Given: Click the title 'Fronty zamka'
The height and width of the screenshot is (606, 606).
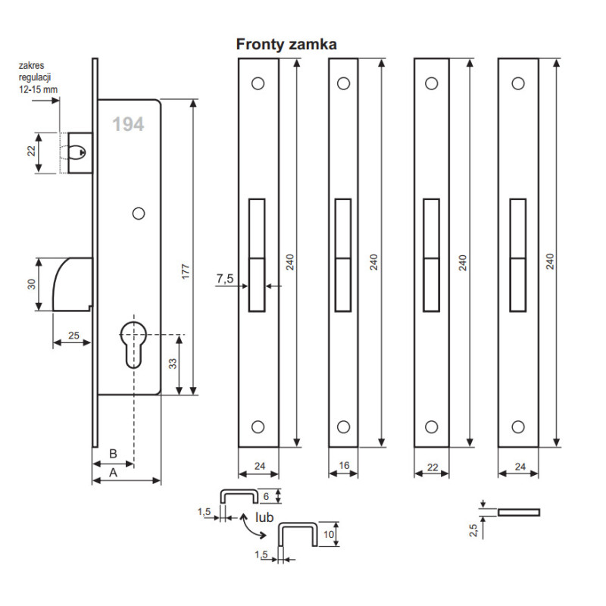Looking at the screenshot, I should pyautogui.click(x=286, y=45).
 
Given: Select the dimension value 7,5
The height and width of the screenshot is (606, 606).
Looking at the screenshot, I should pyautogui.click(x=224, y=279).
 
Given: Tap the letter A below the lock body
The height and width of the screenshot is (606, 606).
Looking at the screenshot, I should pyautogui.click(x=114, y=472).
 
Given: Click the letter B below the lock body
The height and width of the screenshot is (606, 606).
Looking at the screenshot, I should pyautogui.click(x=113, y=453).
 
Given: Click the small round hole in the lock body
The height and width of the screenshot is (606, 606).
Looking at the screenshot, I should pyautogui.click(x=138, y=214).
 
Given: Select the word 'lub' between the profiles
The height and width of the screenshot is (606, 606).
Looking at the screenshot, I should pyautogui.click(x=264, y=517).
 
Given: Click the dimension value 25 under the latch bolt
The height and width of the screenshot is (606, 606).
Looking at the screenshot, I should pyautogui.click(x=73, y=335).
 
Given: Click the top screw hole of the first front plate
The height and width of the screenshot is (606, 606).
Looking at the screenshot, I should pyautogui.click(x=258, y=83).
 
